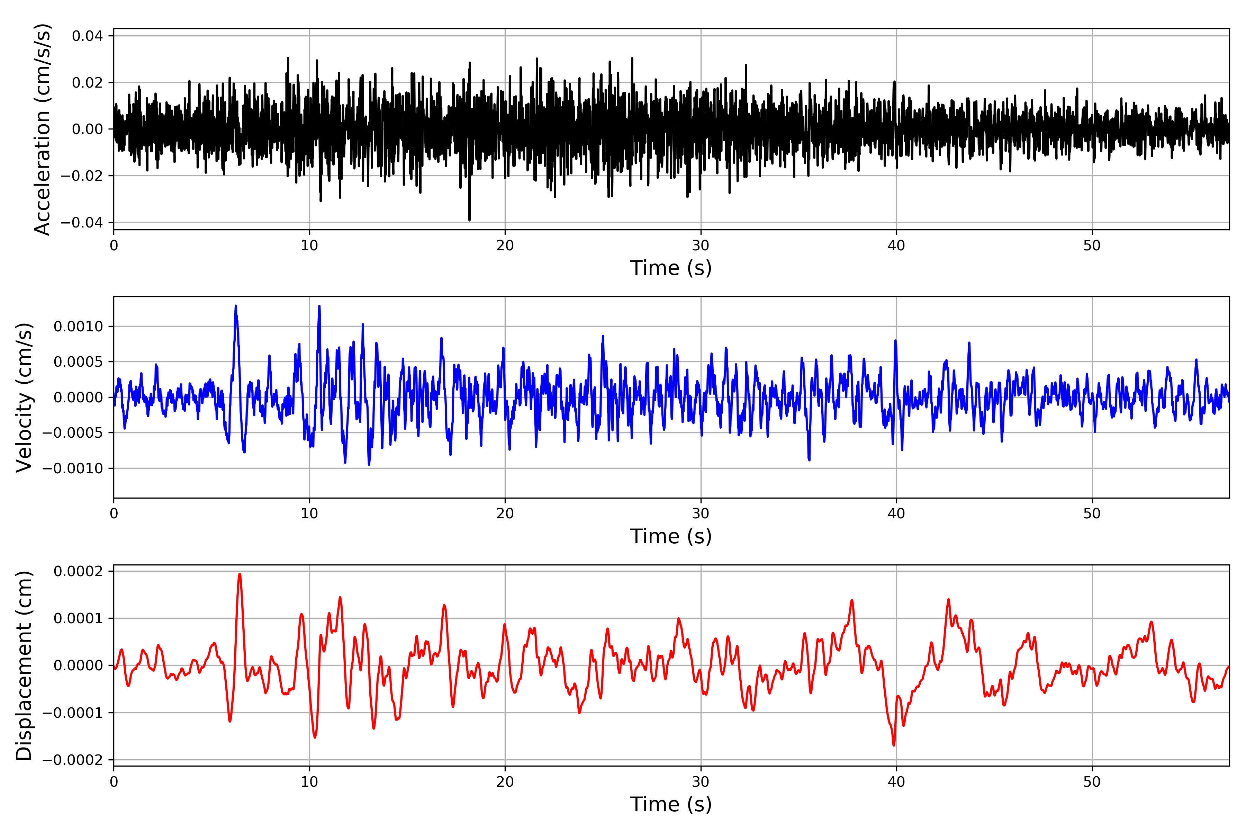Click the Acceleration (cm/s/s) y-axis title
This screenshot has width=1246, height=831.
coord(42,129)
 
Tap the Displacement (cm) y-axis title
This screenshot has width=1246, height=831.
coord(24,665)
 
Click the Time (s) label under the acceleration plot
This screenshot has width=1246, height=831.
coord(671,268)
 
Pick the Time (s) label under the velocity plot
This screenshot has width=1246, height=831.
coord(671,536)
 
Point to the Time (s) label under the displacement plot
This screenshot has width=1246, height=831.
coord(671,804)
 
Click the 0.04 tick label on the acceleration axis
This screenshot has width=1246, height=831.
coord(88,36)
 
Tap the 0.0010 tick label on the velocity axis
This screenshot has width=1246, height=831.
coord(79,327)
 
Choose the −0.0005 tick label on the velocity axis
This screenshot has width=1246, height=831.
coord(73,433)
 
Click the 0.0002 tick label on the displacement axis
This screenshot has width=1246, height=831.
coord(79,571)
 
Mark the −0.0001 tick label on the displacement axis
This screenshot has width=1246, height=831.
coord(73,713)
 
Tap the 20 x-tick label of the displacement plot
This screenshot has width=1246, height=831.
coord(505,782)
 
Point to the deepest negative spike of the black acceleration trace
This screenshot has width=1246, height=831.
coord(469,220)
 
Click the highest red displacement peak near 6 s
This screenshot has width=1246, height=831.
coord(240,574)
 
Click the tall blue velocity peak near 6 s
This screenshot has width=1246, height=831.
coord(236,306)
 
